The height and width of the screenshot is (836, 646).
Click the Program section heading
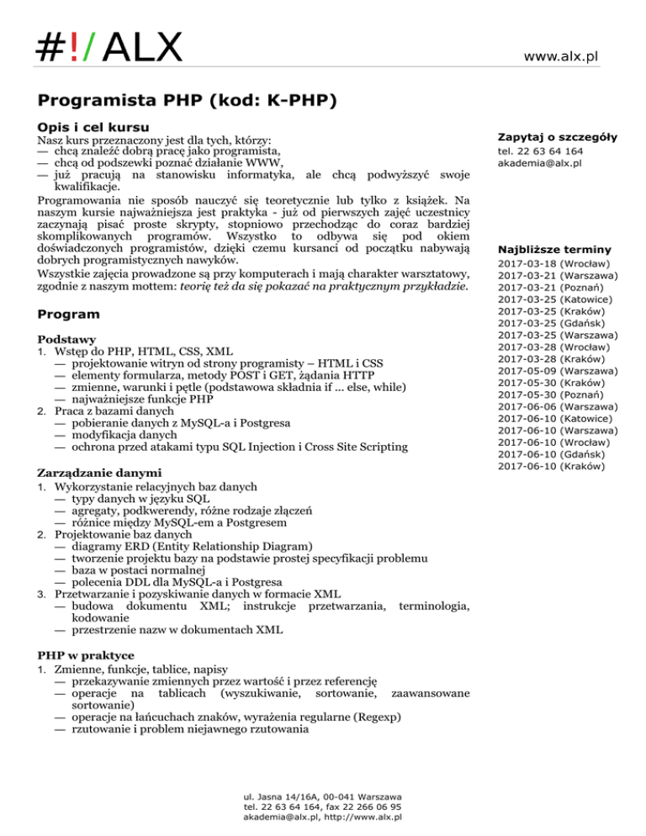(69, 314)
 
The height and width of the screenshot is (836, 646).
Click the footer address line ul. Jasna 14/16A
(321, 796)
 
